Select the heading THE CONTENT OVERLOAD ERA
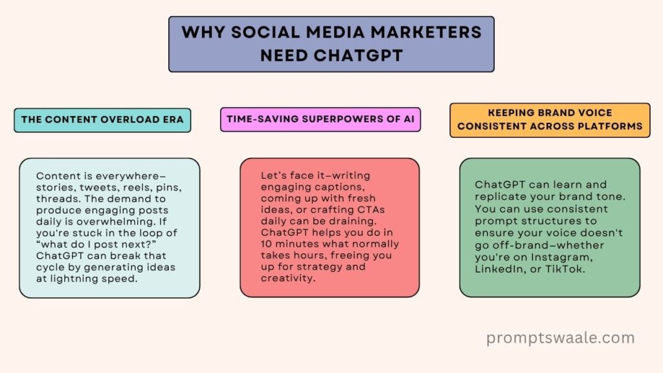[x=102, y=120]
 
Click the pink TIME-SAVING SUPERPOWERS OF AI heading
[x=320, y=119]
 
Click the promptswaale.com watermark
[x=560, y=338]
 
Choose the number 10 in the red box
[x=266, y=244]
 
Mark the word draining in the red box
[x=353, y=221]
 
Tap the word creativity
[x=288, y=278]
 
